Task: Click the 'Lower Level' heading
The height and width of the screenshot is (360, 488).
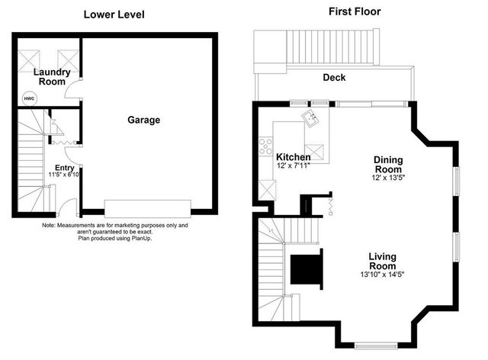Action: click(114, 14)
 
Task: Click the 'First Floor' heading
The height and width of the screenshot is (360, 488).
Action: click(355, 11)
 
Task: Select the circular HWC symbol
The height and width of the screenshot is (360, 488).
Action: click(29, 98)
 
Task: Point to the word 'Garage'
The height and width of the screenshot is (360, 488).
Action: click(143, 120)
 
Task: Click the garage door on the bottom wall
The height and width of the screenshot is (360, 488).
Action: click(148, 208)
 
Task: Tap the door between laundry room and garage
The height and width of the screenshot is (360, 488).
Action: click(75, 92)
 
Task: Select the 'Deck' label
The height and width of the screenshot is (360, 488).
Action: click(334, 78)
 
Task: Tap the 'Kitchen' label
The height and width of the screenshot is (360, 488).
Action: click(293, 157)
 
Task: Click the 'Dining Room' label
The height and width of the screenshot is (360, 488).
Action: click(387, 164)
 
